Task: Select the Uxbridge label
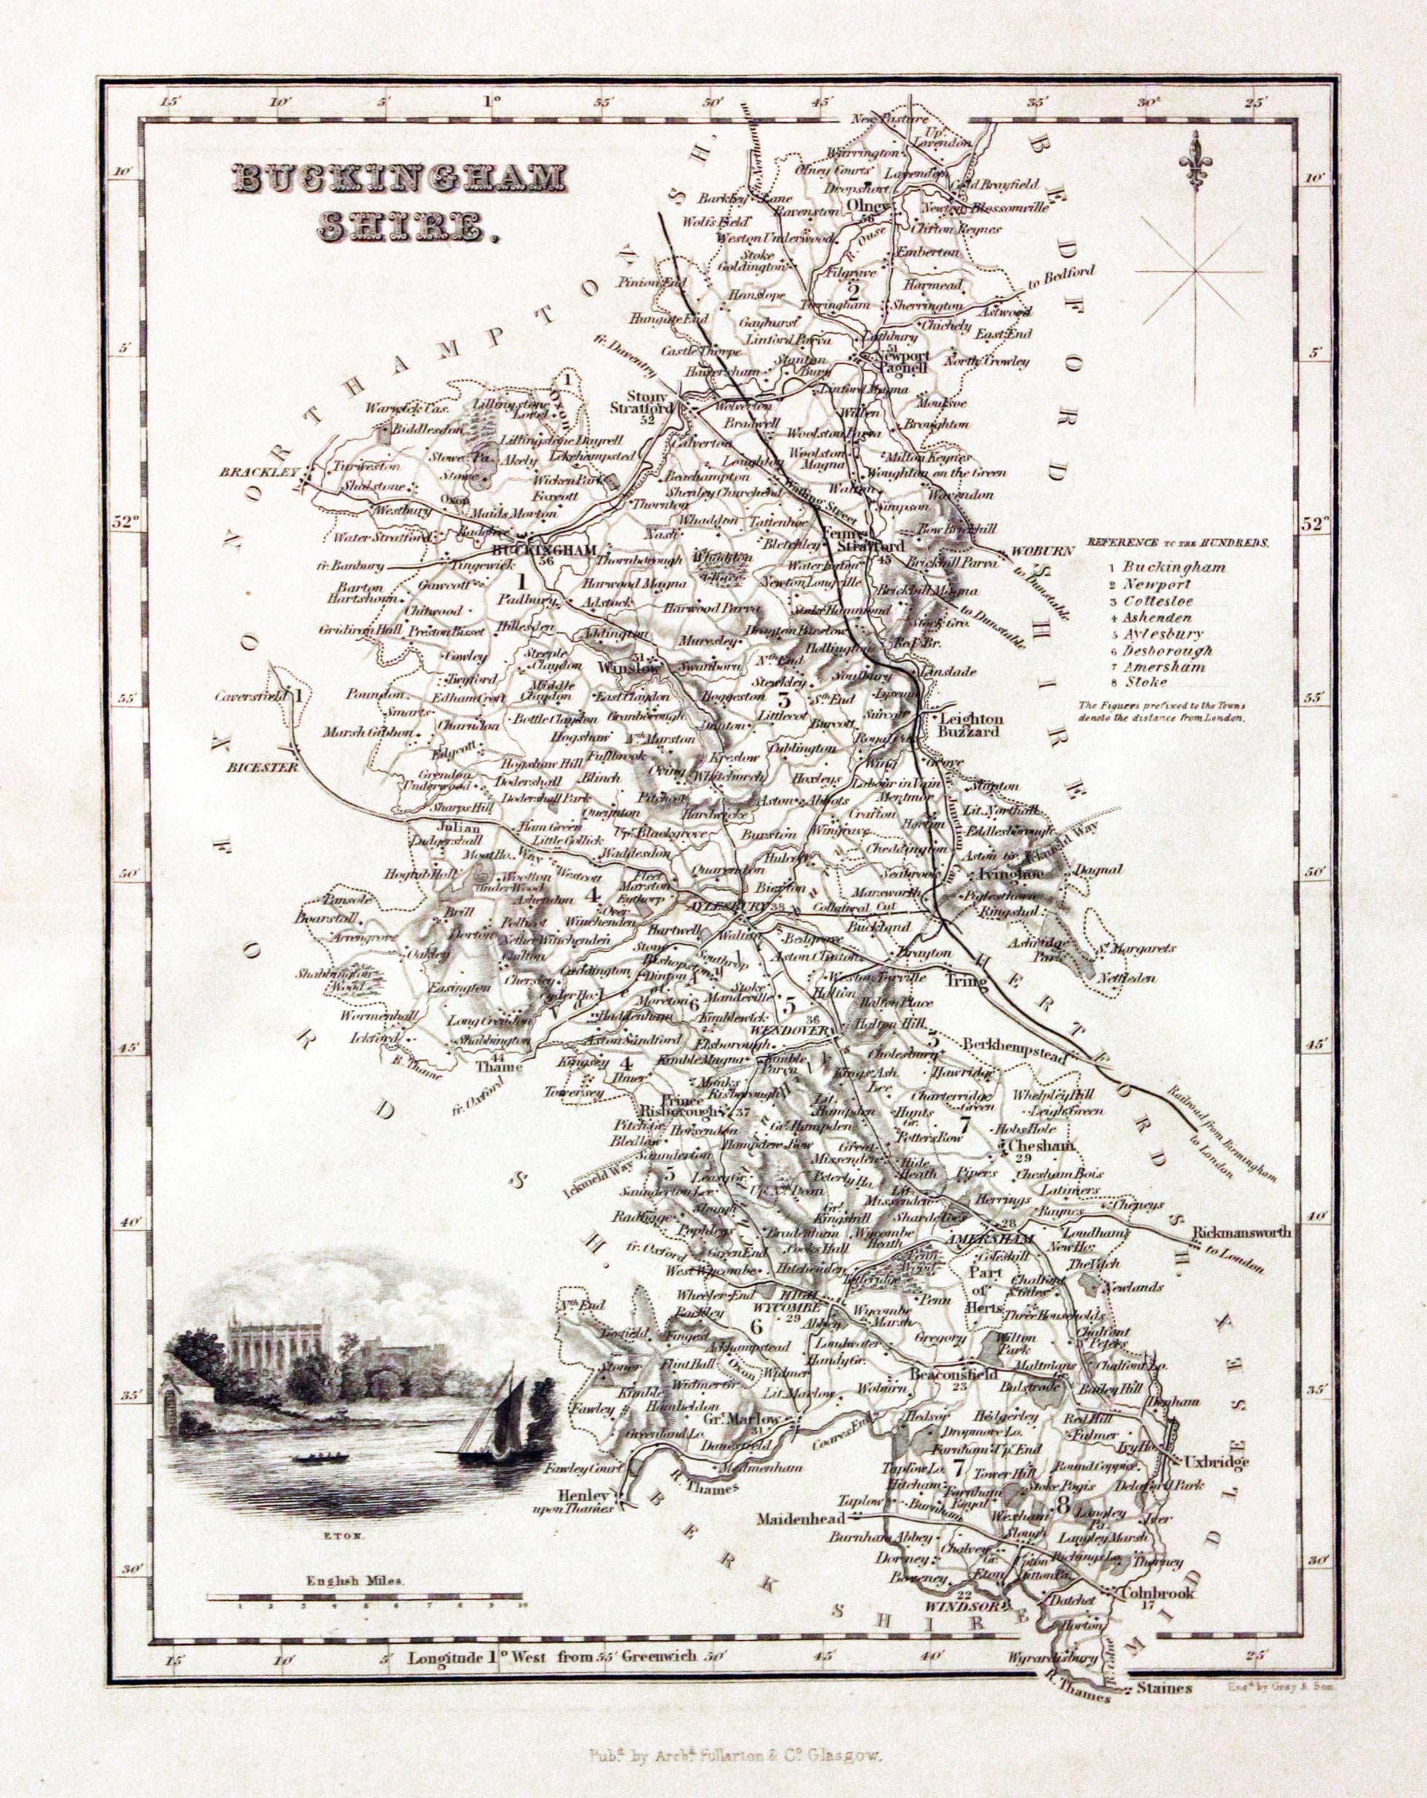[x=1218, y=1463]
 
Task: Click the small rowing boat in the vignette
[x=320, y=1458]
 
